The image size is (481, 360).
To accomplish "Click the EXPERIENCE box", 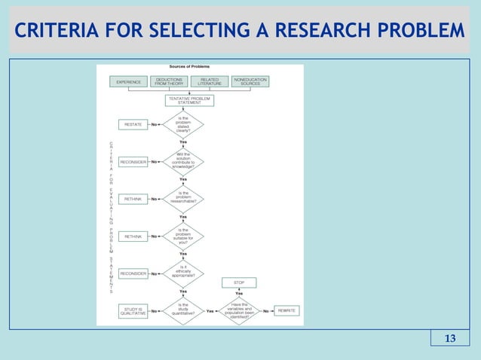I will tap(127, 81).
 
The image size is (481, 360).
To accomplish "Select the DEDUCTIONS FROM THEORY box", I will tap(169, 81).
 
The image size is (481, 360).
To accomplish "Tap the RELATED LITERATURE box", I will tap(210, 81).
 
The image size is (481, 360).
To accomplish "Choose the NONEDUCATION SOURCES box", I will tap(250, 81).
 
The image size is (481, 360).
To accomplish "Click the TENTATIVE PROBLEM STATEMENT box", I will tap(189, 100).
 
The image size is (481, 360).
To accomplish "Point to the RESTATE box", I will tap(133, 125).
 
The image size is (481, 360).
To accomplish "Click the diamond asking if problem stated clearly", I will tap(183, 124).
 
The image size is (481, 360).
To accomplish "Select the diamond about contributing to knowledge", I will tap(183, 160).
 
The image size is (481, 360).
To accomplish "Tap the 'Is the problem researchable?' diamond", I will tap(183, 198).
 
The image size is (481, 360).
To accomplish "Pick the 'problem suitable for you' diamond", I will tap(183, 236).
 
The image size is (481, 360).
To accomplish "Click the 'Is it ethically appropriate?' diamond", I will tap(183, 273).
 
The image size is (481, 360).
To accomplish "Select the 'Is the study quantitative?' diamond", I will tap(183, 310).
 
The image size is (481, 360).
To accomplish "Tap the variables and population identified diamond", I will tap(238, 310).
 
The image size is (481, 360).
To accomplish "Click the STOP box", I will tap(238, 282).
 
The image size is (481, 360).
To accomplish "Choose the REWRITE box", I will tap(286, 310).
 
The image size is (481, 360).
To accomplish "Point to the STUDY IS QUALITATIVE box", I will tap(133, 310).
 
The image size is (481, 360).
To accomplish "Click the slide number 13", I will tap(449, 337).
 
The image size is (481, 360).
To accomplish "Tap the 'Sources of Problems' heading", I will tap(189, 68).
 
